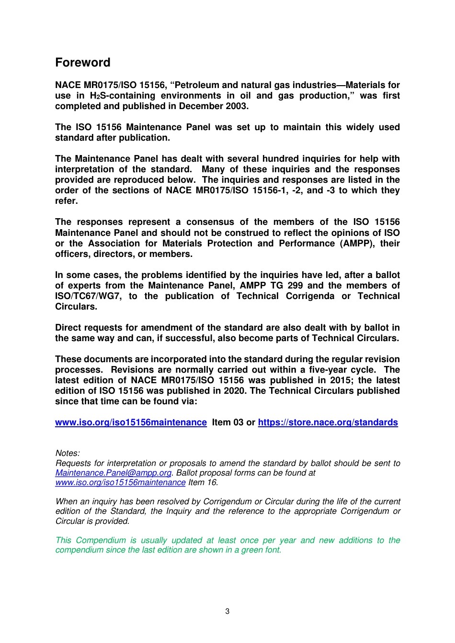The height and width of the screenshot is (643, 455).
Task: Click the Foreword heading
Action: [x=83, y=63]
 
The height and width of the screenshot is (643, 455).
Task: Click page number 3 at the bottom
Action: [x=227, y=611]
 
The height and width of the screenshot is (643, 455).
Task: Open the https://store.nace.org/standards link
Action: [x=328, y=422]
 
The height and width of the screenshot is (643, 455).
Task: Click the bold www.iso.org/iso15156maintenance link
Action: [x=131, y=422]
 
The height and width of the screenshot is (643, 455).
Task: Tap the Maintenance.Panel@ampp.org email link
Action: [x=114, y=473]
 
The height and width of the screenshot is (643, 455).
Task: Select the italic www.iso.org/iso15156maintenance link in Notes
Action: [x=120, y=482]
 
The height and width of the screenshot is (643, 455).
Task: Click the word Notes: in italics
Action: [x=68, y=453]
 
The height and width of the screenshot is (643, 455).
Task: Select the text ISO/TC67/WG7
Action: [x=88, y=296]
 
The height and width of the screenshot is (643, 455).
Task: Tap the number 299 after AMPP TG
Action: [x=295, y=286]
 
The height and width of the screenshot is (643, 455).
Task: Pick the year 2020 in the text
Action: [x=235, y=391]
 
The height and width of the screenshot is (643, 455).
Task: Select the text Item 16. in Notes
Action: [x=203, y=482]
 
